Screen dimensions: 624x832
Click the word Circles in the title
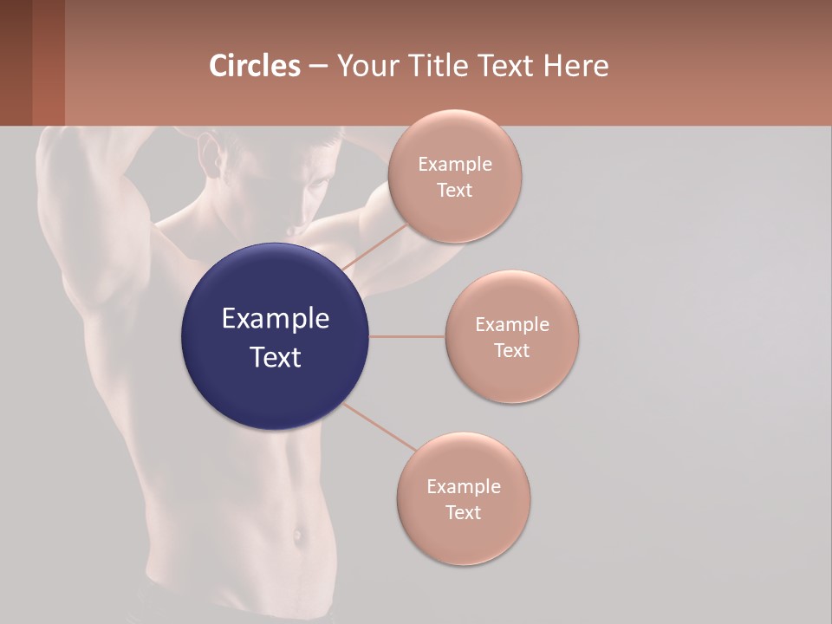255,66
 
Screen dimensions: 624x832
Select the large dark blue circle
275,336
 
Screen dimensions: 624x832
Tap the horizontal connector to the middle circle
406,336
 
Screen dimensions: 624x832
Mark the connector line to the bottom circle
380,427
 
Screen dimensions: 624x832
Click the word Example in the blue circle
275,319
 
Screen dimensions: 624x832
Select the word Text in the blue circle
275,357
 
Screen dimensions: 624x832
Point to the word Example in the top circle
454,165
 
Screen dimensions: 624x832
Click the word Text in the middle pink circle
511,350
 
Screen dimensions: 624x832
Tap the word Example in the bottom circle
463,487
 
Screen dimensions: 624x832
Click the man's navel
298,535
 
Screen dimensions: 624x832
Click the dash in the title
318,67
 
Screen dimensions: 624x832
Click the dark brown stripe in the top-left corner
16,62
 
